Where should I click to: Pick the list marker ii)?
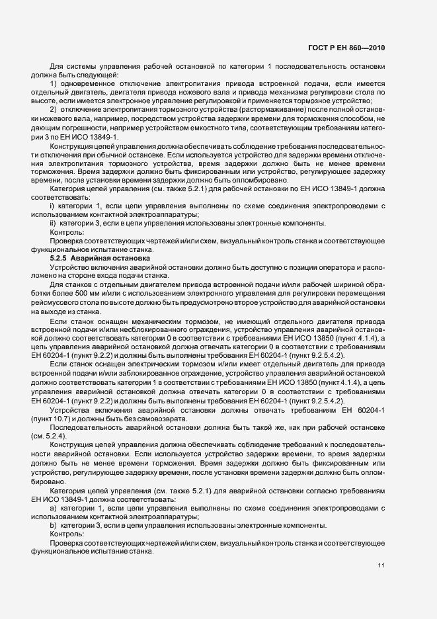coord(54,224)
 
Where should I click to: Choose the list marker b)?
coord(54,525)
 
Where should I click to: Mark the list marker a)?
coord(54,508)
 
